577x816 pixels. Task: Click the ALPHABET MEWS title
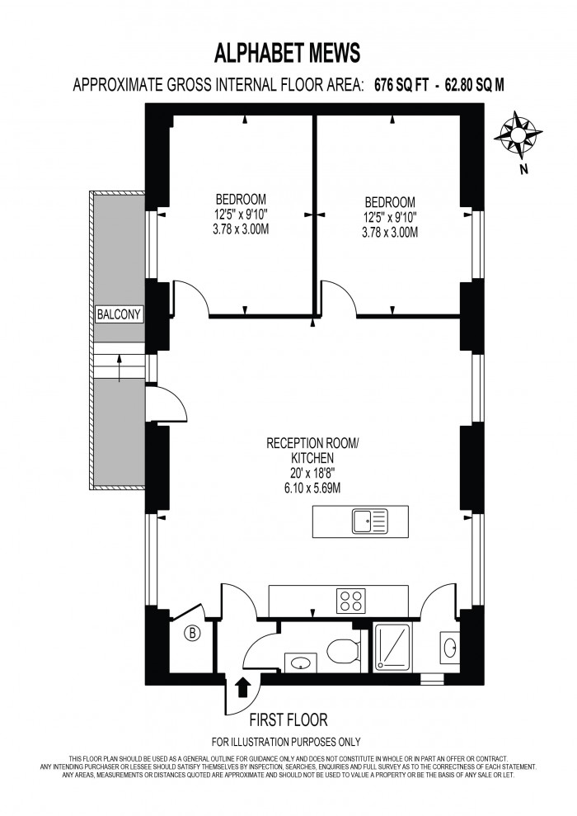tap(287, 54)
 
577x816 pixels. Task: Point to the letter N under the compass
tap(523, 171)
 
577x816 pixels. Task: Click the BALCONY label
tap(120, 314)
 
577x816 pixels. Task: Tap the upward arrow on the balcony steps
tap(120, 366)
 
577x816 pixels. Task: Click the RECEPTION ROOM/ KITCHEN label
tap(312, 450)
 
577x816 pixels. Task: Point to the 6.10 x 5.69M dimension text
tap(312, 488)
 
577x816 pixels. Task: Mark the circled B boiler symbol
tap(193, 634)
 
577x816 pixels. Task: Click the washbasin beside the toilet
tap(298, 662)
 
